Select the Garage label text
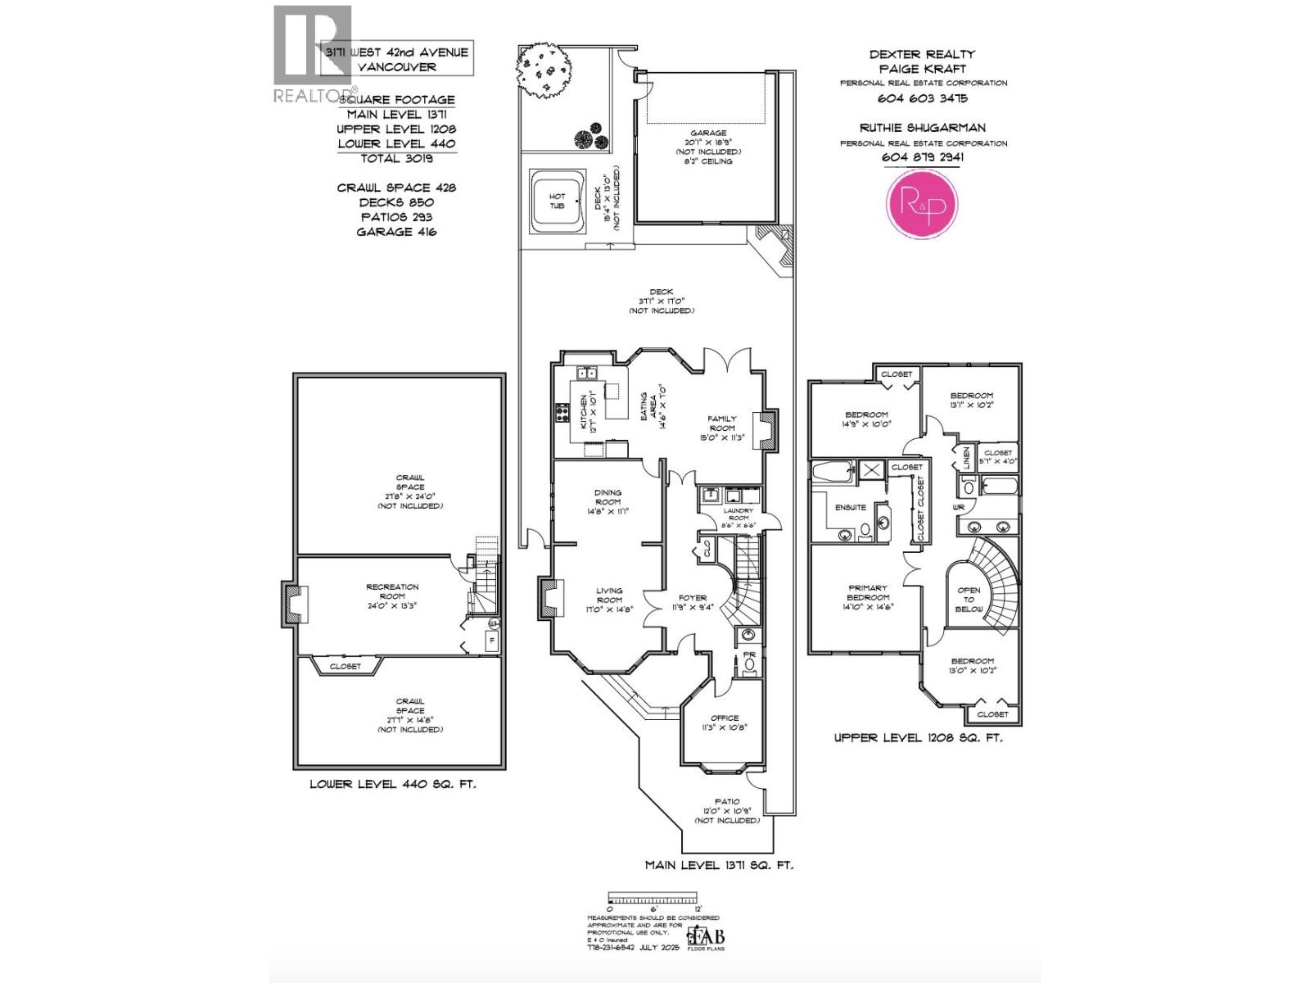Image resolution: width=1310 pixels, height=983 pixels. pos(707,133)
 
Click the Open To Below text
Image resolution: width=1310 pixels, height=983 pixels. pos(969,599)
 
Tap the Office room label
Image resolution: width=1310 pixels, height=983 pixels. pos(725,718)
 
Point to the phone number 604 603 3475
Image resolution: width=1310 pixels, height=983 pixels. pos(922,98)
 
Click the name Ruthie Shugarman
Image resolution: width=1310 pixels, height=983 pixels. pos(922,128)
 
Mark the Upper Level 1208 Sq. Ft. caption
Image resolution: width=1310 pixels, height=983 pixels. pos(917,737)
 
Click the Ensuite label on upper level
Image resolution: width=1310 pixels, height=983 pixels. pos(850,507)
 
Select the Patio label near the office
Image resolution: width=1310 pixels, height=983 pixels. pos(726,801)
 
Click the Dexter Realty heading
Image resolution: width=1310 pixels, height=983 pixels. pos(922,54)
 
